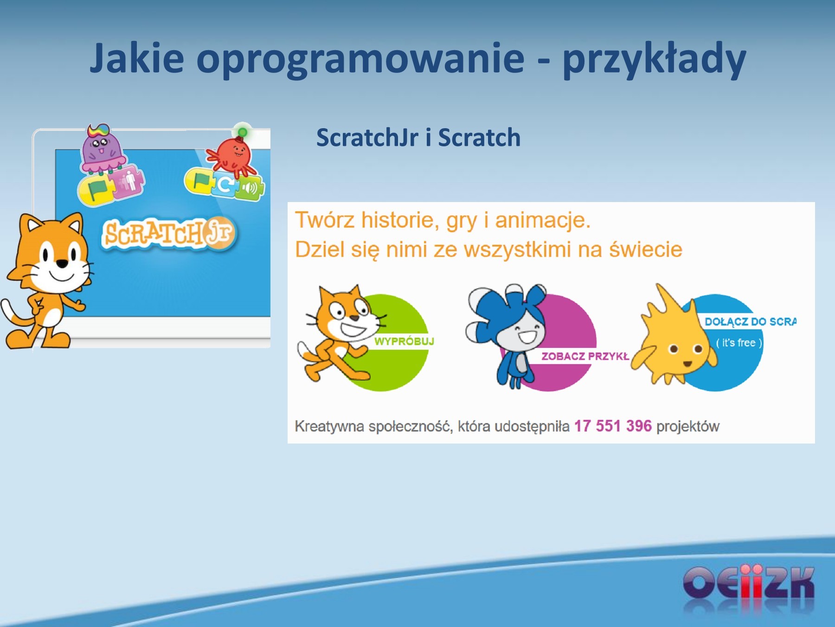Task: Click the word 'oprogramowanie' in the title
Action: coord(360,59)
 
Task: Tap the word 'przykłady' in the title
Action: coord(654,59)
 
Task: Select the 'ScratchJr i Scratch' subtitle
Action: coord(418,137)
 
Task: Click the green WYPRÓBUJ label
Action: coord(404,341)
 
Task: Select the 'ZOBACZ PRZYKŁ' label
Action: coord(585,356)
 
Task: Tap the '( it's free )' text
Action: coord(739,343)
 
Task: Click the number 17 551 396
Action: coord(613,426)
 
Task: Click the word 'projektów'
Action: coord(687,426)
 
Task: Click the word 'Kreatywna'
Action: coord(329,426)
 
